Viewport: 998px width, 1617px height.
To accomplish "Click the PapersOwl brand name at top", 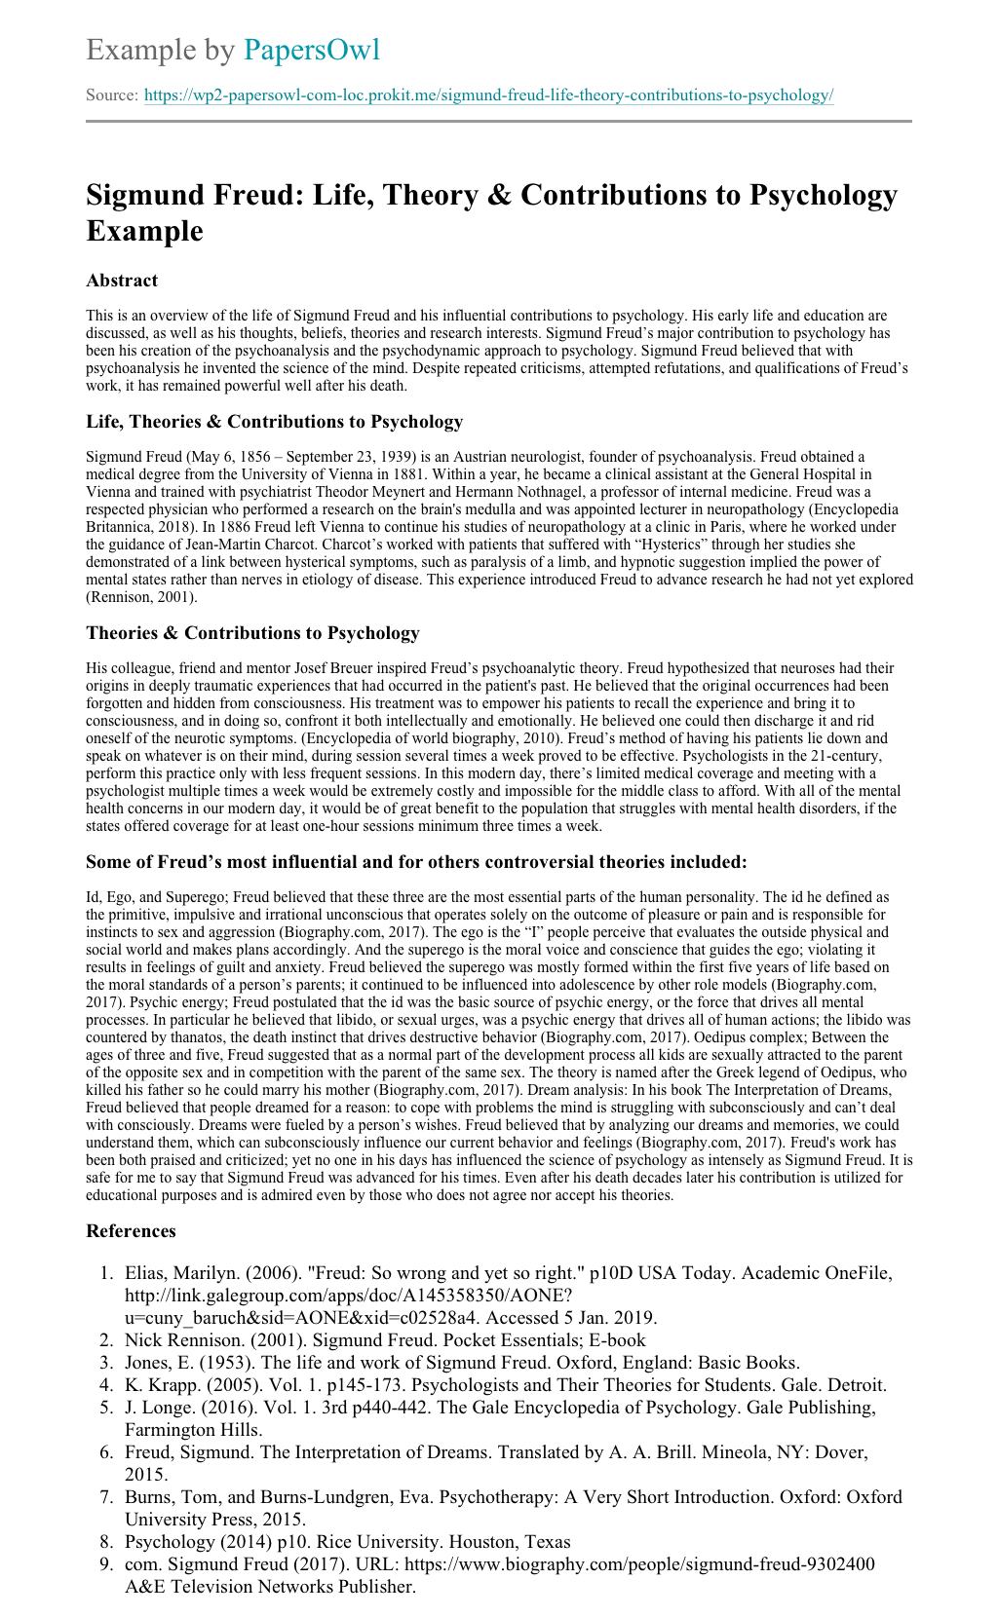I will tap(311, 50).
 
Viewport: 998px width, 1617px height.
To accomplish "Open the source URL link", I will tap(488, 95).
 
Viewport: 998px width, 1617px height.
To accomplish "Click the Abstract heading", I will tap(122, 281).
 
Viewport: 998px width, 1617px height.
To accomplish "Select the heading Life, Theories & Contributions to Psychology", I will tap(274, 422).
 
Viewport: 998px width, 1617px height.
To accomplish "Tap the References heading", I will tap(131, 1231).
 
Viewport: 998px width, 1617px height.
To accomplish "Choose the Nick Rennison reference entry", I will tap(385, 1340).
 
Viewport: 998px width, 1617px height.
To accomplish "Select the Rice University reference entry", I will tap(347, 1542).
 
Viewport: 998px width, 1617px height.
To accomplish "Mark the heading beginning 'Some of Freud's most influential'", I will tap(416, 861).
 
